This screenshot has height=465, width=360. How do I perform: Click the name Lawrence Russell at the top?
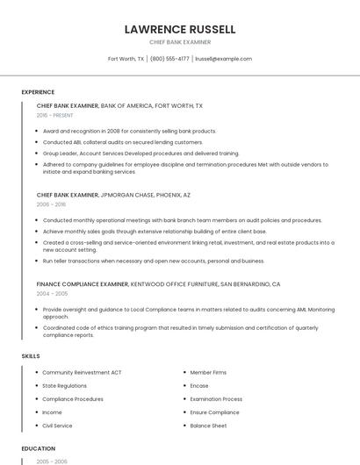[x=180, y=29]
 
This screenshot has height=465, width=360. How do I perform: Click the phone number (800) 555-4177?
[x=169, y=59]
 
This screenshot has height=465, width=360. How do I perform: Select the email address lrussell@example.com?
[x=223, y=59]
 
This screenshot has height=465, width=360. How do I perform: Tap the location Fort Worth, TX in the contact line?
[x=126, y=59]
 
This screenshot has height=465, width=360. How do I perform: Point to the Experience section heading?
[x=38, y=92]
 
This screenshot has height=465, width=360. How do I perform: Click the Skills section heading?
[x=30, y=355]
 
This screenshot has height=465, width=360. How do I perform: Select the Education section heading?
[x=37, y=448]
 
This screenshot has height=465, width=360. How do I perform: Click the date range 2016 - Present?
[x=54, y=115]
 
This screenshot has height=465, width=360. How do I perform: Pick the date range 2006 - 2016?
[x=50, y=204]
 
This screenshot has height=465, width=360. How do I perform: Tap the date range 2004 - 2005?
[x=50, y=293]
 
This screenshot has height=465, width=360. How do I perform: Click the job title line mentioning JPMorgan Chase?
[x=113, y=195]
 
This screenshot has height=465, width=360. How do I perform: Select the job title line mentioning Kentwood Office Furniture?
[x=158, y=284]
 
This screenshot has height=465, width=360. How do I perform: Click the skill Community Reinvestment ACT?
[x=82, y=372]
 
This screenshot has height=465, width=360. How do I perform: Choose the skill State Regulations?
[x=64, y=385]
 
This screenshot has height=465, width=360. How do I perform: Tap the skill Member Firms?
[x=208, y=372]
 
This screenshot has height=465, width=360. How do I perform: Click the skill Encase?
[x=199, y=385]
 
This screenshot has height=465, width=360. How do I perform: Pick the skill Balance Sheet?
[x=208, y=426]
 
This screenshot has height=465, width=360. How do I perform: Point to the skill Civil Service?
[x=57, y=426]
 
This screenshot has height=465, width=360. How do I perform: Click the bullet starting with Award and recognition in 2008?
[x=129, y=131]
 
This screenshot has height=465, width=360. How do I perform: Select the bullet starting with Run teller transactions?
[x=154, y=261]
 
